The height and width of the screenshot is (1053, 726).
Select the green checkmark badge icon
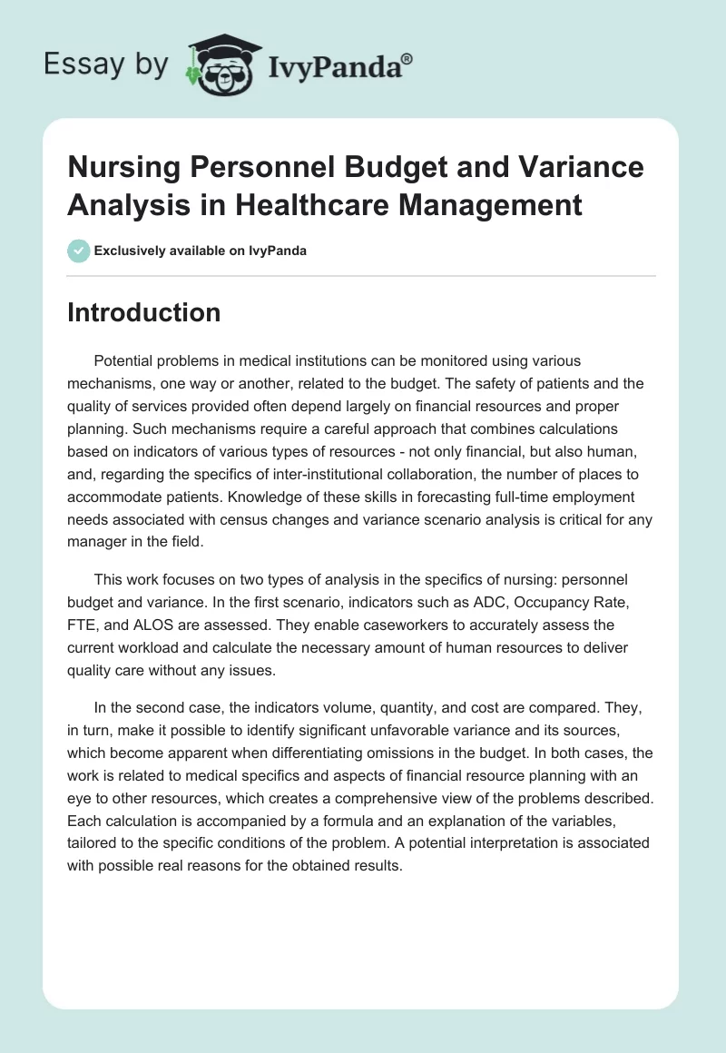click(78, 251)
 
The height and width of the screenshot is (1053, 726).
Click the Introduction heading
click(143, 312)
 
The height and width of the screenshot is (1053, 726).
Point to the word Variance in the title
click(575, 168)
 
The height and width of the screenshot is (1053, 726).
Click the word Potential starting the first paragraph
click(125, 360)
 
